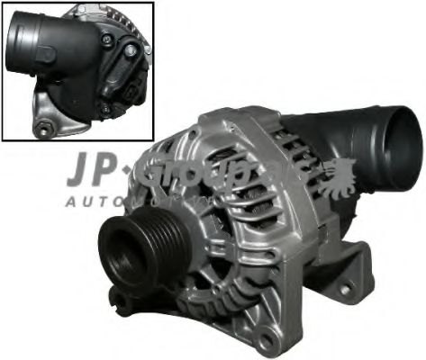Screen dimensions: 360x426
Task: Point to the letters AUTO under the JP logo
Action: coord(95,202)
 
